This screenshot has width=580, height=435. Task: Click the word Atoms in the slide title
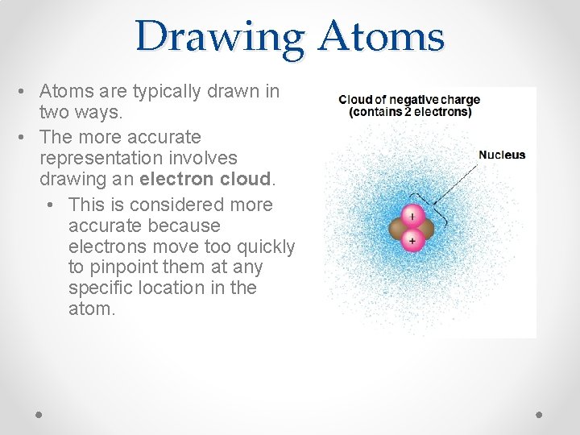tap(381, 37)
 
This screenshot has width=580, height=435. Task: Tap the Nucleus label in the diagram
tap(501, 155)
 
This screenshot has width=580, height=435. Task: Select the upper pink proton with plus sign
tap(412, 217)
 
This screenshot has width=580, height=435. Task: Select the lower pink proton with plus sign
tap(412, 240)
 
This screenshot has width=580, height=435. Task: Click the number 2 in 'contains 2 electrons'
tap(408, 112)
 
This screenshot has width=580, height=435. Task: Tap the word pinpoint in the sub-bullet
tap(120, 267)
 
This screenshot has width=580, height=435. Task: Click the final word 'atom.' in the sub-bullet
tap(92, 309)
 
